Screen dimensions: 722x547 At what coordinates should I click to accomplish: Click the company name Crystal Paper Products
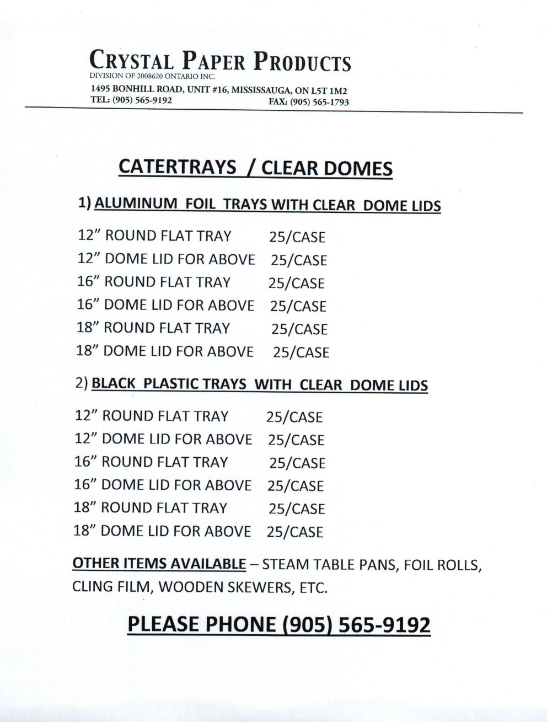[220, 61]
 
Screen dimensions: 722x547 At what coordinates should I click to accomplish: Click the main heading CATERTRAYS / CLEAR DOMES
[255, 168]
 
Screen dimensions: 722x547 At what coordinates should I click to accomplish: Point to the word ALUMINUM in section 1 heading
[136, 204]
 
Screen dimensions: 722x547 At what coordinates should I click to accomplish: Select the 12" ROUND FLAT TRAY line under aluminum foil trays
[155, 236]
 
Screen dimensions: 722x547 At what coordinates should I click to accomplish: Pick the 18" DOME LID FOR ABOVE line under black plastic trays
[162, 531]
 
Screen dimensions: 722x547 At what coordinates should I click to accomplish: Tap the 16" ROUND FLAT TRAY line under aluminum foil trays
[154, 282]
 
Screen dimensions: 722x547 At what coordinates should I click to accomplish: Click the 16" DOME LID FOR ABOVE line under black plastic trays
[163, 485]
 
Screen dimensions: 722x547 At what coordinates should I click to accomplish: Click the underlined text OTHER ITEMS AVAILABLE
[159, 564]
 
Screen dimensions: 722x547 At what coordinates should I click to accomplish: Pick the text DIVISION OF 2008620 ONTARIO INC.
[152, 76]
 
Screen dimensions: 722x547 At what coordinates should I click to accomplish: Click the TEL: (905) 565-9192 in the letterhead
[131, 100]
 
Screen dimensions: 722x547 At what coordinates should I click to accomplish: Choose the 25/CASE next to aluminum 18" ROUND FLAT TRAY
[299, 329]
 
